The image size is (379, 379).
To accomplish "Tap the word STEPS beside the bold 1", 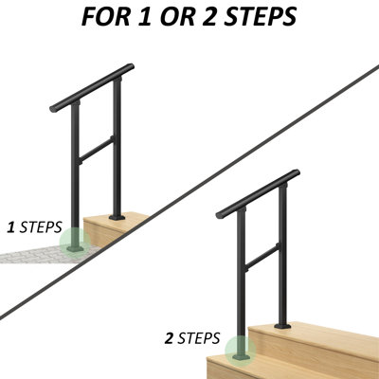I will tap(40, 228).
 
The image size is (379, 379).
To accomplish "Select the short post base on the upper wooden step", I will tap(117, 216).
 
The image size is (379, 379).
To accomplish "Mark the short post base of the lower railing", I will tap(281, 325).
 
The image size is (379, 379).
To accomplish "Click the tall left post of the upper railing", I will tap(74, 171).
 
